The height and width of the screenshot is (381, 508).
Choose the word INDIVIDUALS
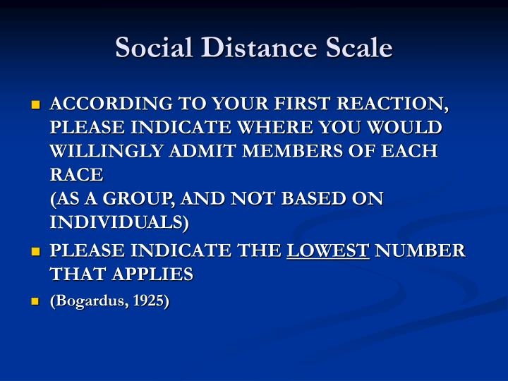[x=119, y=223]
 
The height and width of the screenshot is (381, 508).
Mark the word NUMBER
[x=420, y=251]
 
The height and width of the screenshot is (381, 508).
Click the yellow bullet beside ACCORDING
[x=35, y=106]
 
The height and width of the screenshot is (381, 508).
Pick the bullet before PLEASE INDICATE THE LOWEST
[x=35, y=252]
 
